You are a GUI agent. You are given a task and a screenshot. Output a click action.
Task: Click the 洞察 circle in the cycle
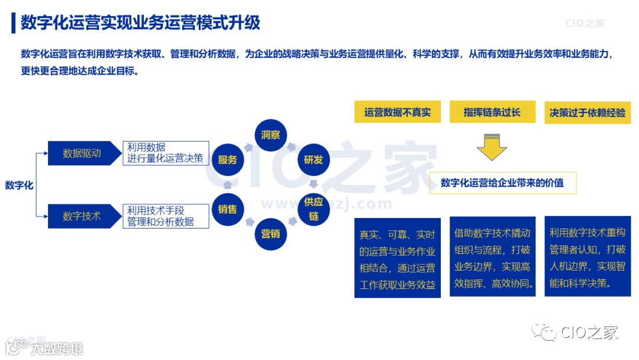pyautogui.click(x=270, y=135)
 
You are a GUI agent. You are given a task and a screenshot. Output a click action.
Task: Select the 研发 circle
pyautogui.click(x=313, y=159)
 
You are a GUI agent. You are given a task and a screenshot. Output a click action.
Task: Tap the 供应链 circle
pyautogui.click(x=313, y=209)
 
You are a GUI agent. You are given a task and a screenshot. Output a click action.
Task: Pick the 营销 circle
pyautogui.click(x=270, y=233)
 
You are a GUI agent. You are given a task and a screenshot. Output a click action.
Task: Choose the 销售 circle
pyautogui.click(x=228, y=209)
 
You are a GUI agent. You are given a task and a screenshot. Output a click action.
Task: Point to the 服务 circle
pyautogui.click(x=228, y=159)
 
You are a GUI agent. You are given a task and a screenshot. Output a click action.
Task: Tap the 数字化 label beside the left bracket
pyautogui.click(x=19, y=185)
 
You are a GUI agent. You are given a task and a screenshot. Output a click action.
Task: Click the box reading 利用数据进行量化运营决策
pyautogui.click(x=166, y=153)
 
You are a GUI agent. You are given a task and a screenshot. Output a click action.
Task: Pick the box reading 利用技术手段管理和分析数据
pyautogui.click(x=166, y=216)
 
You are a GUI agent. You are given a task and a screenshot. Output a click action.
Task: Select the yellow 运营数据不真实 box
pyautogui.click(x=398, y=112)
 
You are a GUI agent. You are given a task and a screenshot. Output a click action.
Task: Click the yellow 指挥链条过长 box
pyautogui.click(x=492, y=112)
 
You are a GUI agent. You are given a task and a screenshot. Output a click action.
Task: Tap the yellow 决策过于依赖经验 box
pyautogui.click(x=588, y=112)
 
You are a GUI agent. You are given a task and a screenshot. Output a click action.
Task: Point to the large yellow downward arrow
pyautogui.click(x=492, y=148)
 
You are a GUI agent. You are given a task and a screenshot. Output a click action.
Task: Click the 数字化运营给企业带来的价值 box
pyautogui.click(x=502, y=183)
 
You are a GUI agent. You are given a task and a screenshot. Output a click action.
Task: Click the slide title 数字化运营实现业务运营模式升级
pyautogui.click(x=140, y=22)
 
